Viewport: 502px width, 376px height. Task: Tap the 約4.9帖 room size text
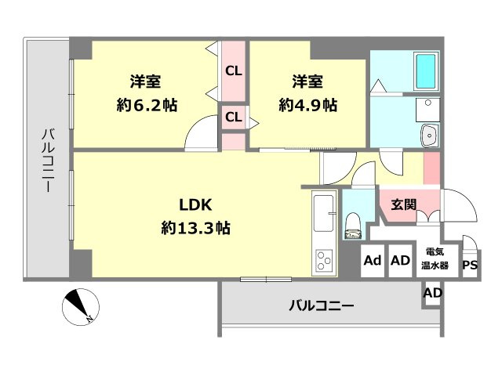(308, 105)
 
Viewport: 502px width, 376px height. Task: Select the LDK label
(196, 205)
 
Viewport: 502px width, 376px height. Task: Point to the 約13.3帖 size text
(196, 229)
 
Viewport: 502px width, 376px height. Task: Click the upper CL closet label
(233, 70)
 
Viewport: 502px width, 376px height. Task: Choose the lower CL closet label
(233, 117)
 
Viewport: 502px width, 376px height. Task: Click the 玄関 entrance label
(404, 205)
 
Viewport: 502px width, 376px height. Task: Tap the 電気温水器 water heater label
(437, 259)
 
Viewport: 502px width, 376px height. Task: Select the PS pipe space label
(469, 265)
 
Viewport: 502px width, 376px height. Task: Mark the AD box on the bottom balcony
(432, 294)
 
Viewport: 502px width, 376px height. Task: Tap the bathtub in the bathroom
(426, 71)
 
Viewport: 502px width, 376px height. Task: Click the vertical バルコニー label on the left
(47, 161)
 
